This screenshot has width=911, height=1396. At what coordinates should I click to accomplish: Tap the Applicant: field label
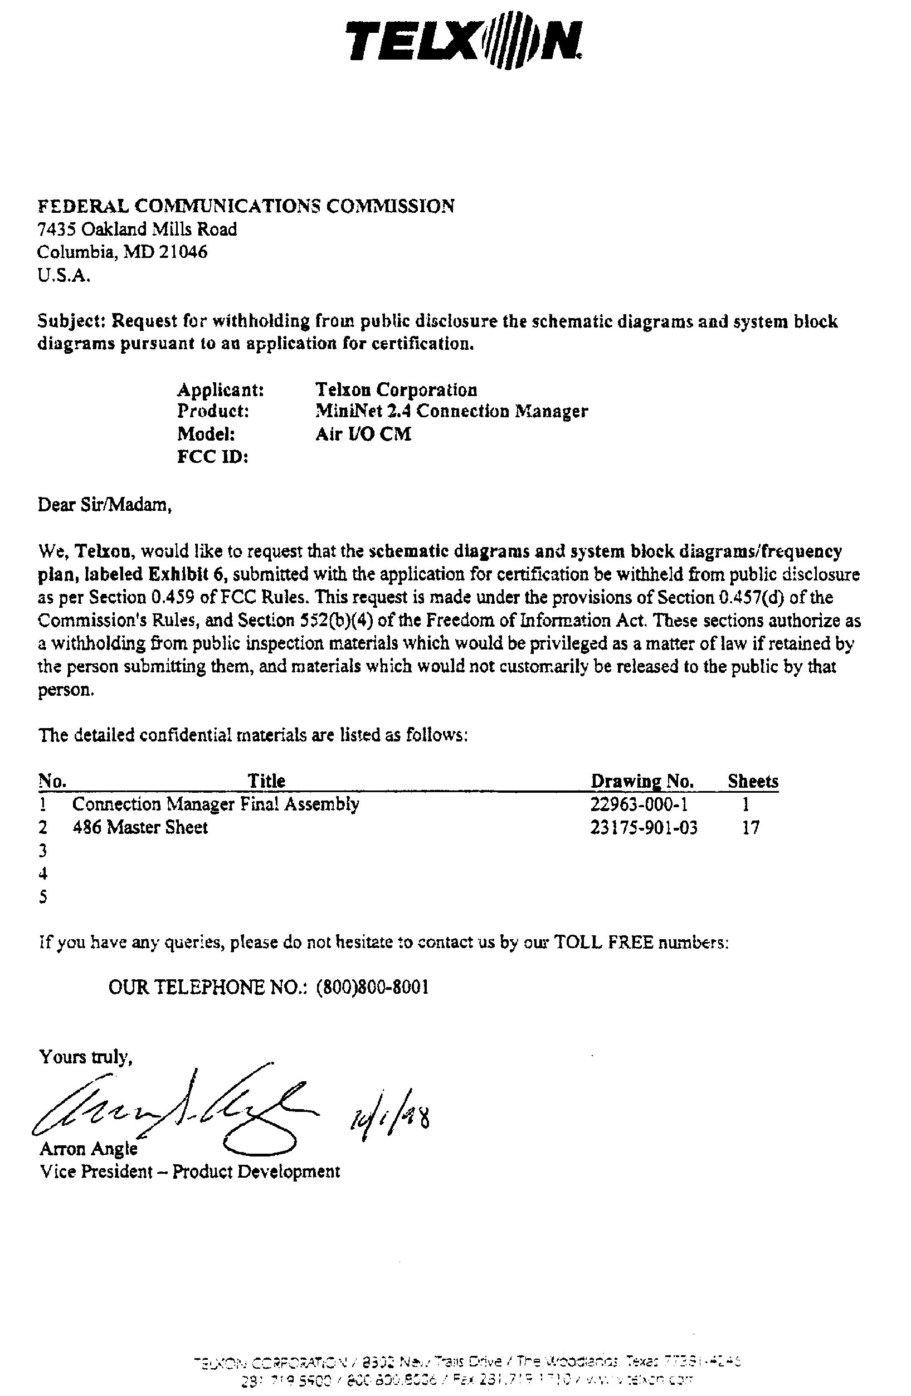pos(220,390)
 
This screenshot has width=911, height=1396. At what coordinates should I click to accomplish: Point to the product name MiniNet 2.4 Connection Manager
pos(451,411)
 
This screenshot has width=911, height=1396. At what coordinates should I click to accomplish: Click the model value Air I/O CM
pos(363,434)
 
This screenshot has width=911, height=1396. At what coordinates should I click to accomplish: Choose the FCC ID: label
pos(212,457)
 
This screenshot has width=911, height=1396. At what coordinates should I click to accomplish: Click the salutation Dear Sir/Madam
pos(104,504)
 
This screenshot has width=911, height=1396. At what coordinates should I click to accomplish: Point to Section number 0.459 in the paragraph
pos(174,597)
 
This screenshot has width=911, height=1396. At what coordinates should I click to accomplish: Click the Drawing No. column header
pos(642,782)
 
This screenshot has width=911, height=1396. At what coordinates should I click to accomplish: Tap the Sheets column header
pos(753,782)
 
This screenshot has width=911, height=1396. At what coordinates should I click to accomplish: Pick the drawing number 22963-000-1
pos(639,804)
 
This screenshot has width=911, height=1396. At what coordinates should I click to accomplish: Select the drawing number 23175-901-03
pos(644,828)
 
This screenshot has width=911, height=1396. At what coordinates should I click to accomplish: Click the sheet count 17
pos(751,828)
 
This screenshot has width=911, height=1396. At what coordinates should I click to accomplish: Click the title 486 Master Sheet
pos(140,828)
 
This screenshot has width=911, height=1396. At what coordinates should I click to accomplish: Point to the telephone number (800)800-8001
pos(372,988)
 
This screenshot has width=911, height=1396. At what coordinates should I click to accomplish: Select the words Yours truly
pos(86,1057)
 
